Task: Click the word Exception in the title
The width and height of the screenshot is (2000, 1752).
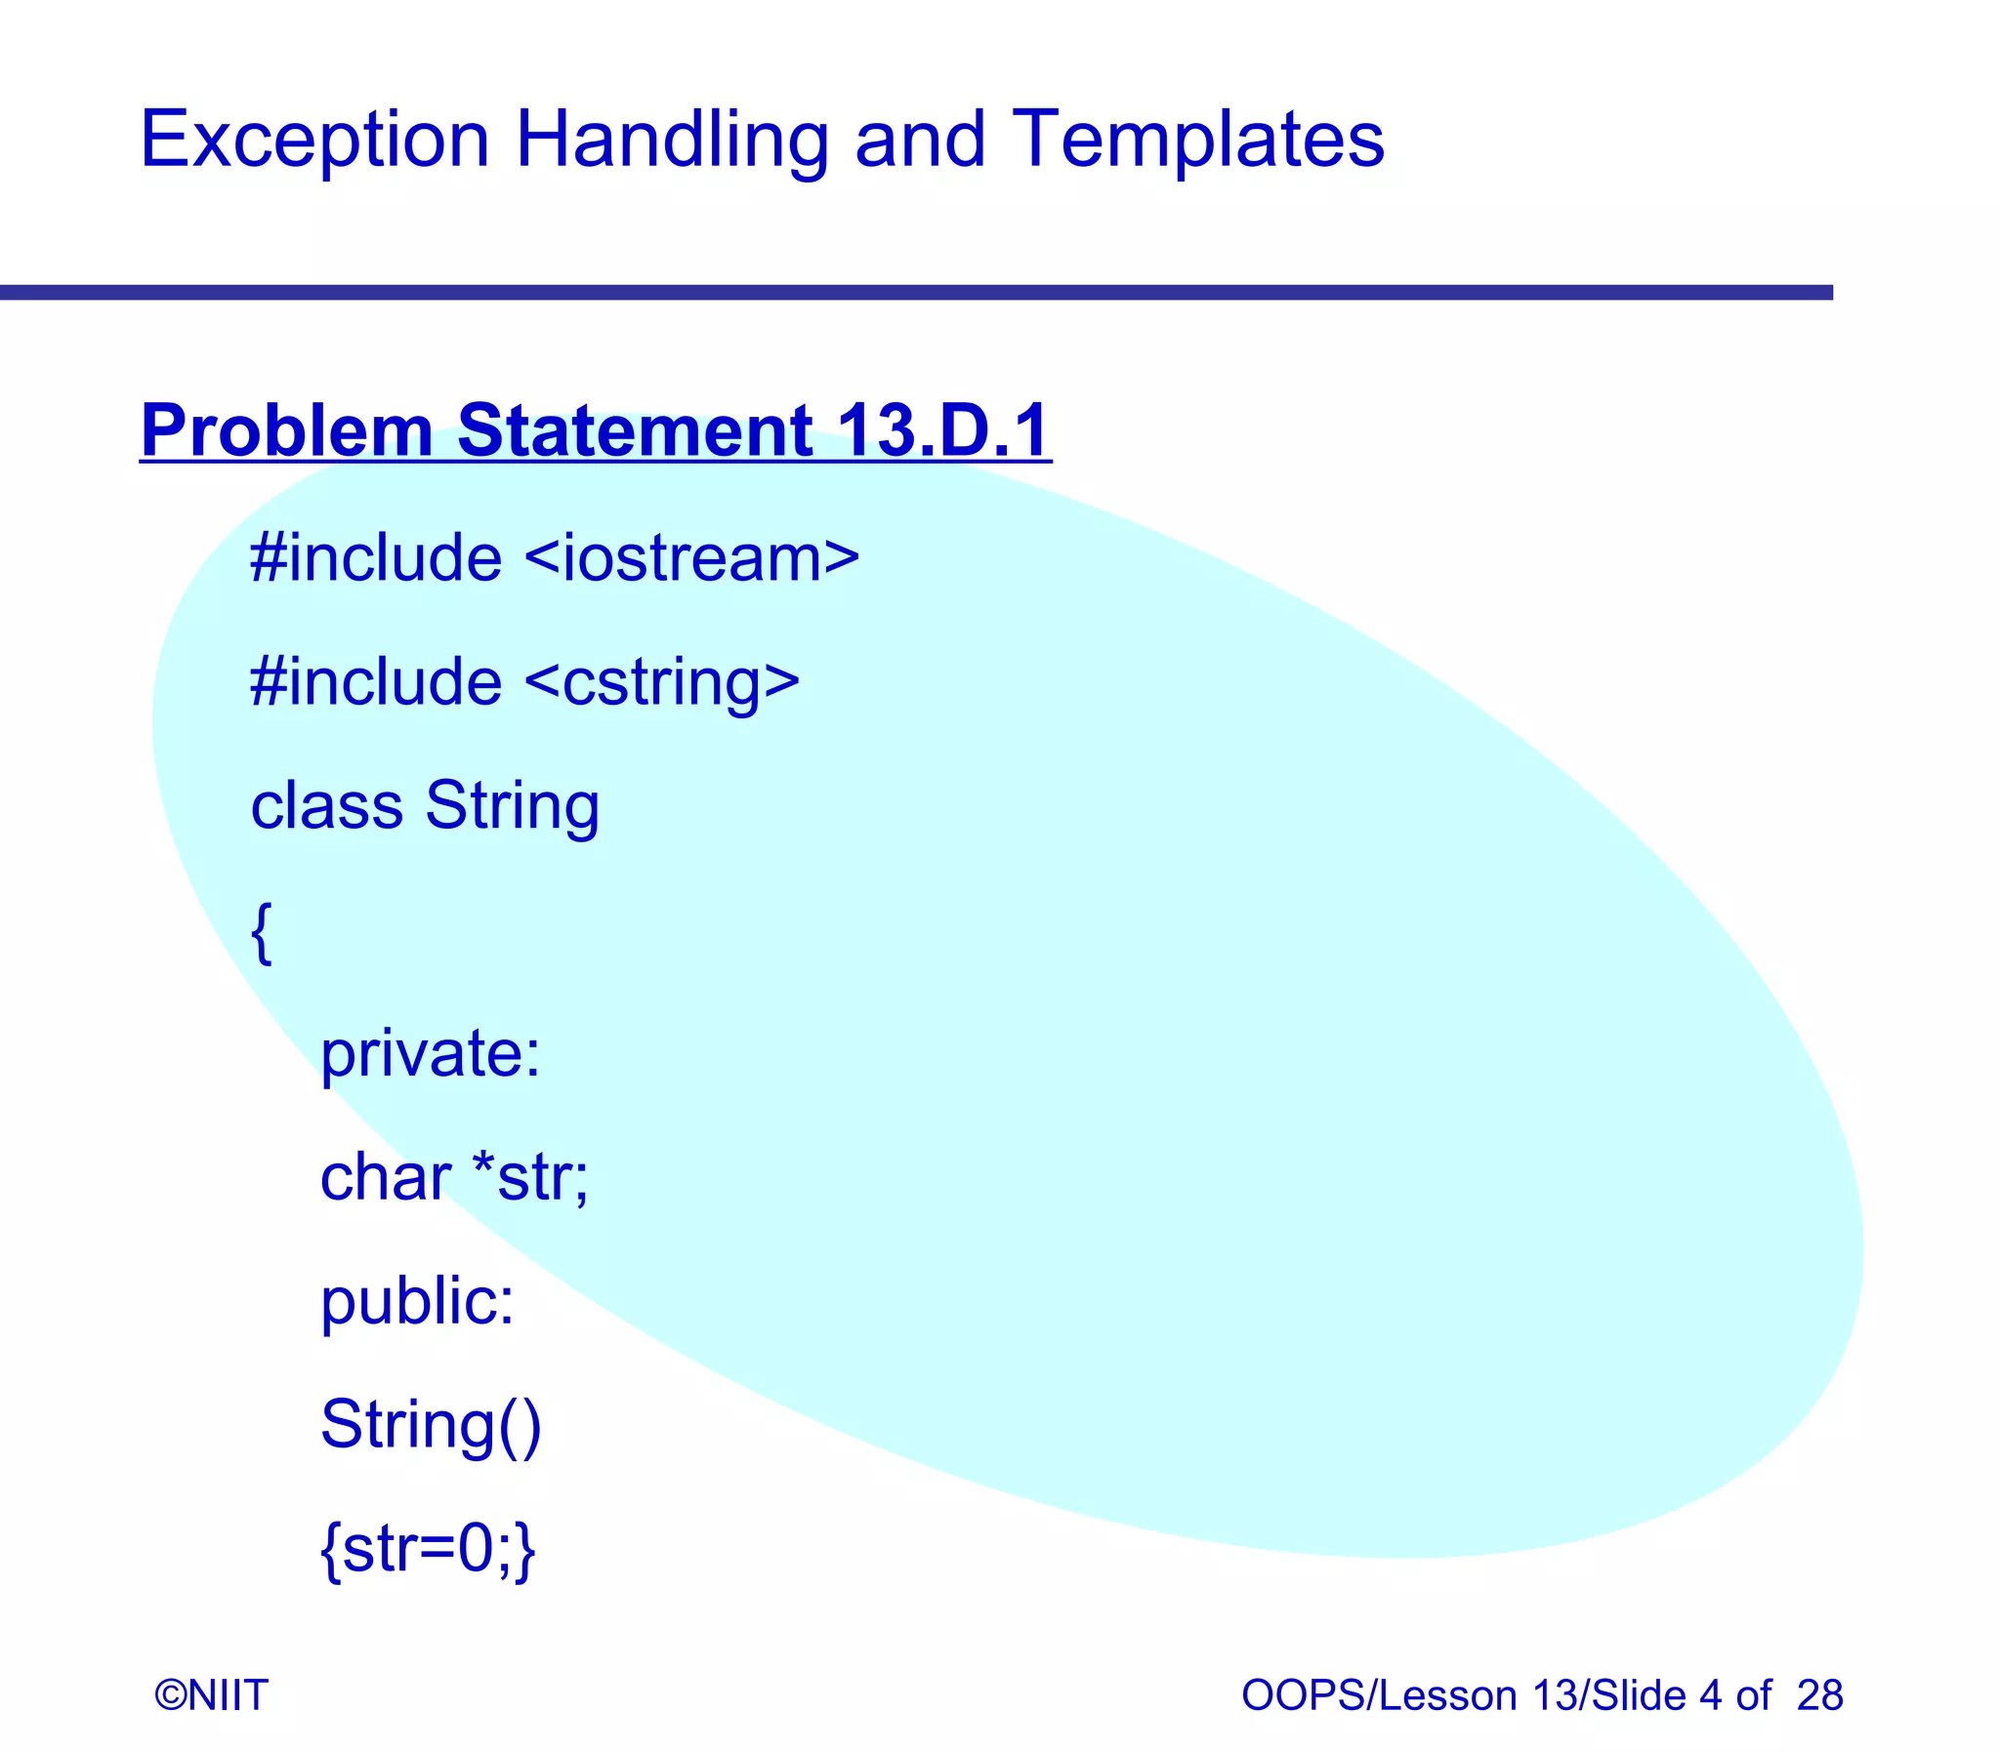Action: (x=313, y=140)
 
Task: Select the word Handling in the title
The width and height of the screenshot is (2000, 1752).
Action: (x=671, y=140)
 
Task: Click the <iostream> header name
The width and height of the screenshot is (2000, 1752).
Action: (x=691, y=558)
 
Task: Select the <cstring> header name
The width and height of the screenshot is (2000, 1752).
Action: (x=662, y=681)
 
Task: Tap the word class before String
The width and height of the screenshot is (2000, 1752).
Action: (x=326, y=805)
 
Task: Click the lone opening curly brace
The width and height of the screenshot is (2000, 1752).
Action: (x=261, y=934)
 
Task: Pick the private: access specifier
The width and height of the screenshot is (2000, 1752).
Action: (x=431, y=1054)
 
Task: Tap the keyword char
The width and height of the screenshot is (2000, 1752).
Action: (x=386, y=1177)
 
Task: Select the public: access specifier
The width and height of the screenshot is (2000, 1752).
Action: (x=418, y=1301)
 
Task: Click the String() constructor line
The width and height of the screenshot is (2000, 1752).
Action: (x=431, y=1425)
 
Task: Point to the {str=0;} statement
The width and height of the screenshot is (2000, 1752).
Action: (x=429, y=1549)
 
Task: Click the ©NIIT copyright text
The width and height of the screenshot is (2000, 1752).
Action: (x=211, y=1695)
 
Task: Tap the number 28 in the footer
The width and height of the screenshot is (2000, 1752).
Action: (x=1819, y=1695)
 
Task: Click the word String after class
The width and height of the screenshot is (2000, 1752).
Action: (x=513, y=805)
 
